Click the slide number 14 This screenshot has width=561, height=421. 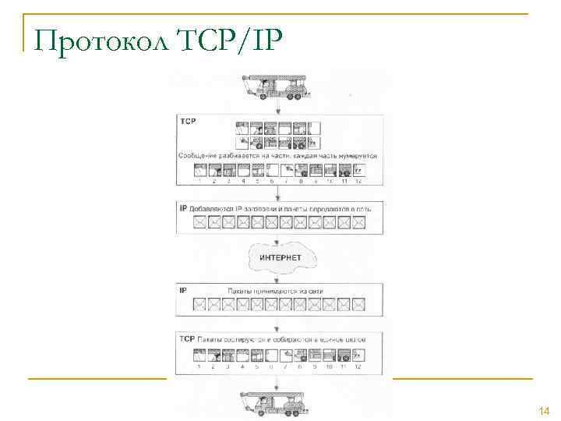tap(543, 410)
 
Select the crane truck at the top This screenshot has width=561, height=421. tap(277, 87)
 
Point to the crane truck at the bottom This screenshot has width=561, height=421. tap(277, 403)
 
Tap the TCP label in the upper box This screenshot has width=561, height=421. tap(189, 122)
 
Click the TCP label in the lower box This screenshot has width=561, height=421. tap(188, 339)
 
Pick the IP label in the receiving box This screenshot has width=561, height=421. tap(184, 290)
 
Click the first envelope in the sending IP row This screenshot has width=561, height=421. tap(200, 223)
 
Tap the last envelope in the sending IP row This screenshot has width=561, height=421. tap(359, 223)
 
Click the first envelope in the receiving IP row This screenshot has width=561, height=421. tap(200, 303)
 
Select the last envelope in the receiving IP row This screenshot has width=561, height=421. tap(359, 303)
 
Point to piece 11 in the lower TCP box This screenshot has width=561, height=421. tap(344, 356)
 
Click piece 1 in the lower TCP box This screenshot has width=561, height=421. tap(200, 356)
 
